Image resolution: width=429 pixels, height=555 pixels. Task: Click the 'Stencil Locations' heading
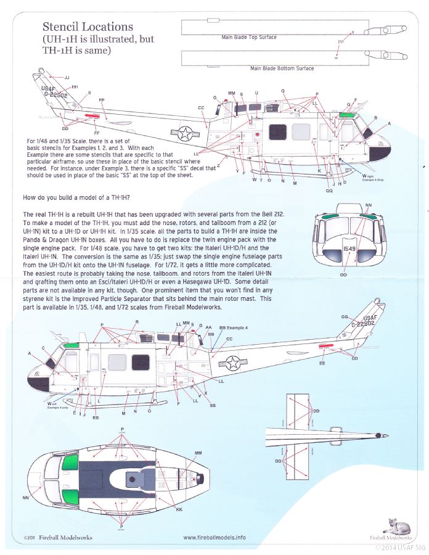88,27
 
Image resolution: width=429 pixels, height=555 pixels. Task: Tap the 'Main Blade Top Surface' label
248,38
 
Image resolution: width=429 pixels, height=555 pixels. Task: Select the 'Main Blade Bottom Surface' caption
279,68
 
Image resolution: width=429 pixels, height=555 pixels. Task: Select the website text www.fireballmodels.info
214,537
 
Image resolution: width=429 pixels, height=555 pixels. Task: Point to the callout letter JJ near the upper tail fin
67,78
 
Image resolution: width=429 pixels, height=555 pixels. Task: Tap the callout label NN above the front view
369,205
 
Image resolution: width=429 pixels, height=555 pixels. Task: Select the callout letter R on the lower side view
137,322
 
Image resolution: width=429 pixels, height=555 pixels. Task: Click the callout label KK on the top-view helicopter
179,510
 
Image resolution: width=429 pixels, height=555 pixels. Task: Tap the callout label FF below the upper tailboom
97,133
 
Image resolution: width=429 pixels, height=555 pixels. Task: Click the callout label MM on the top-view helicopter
198,453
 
